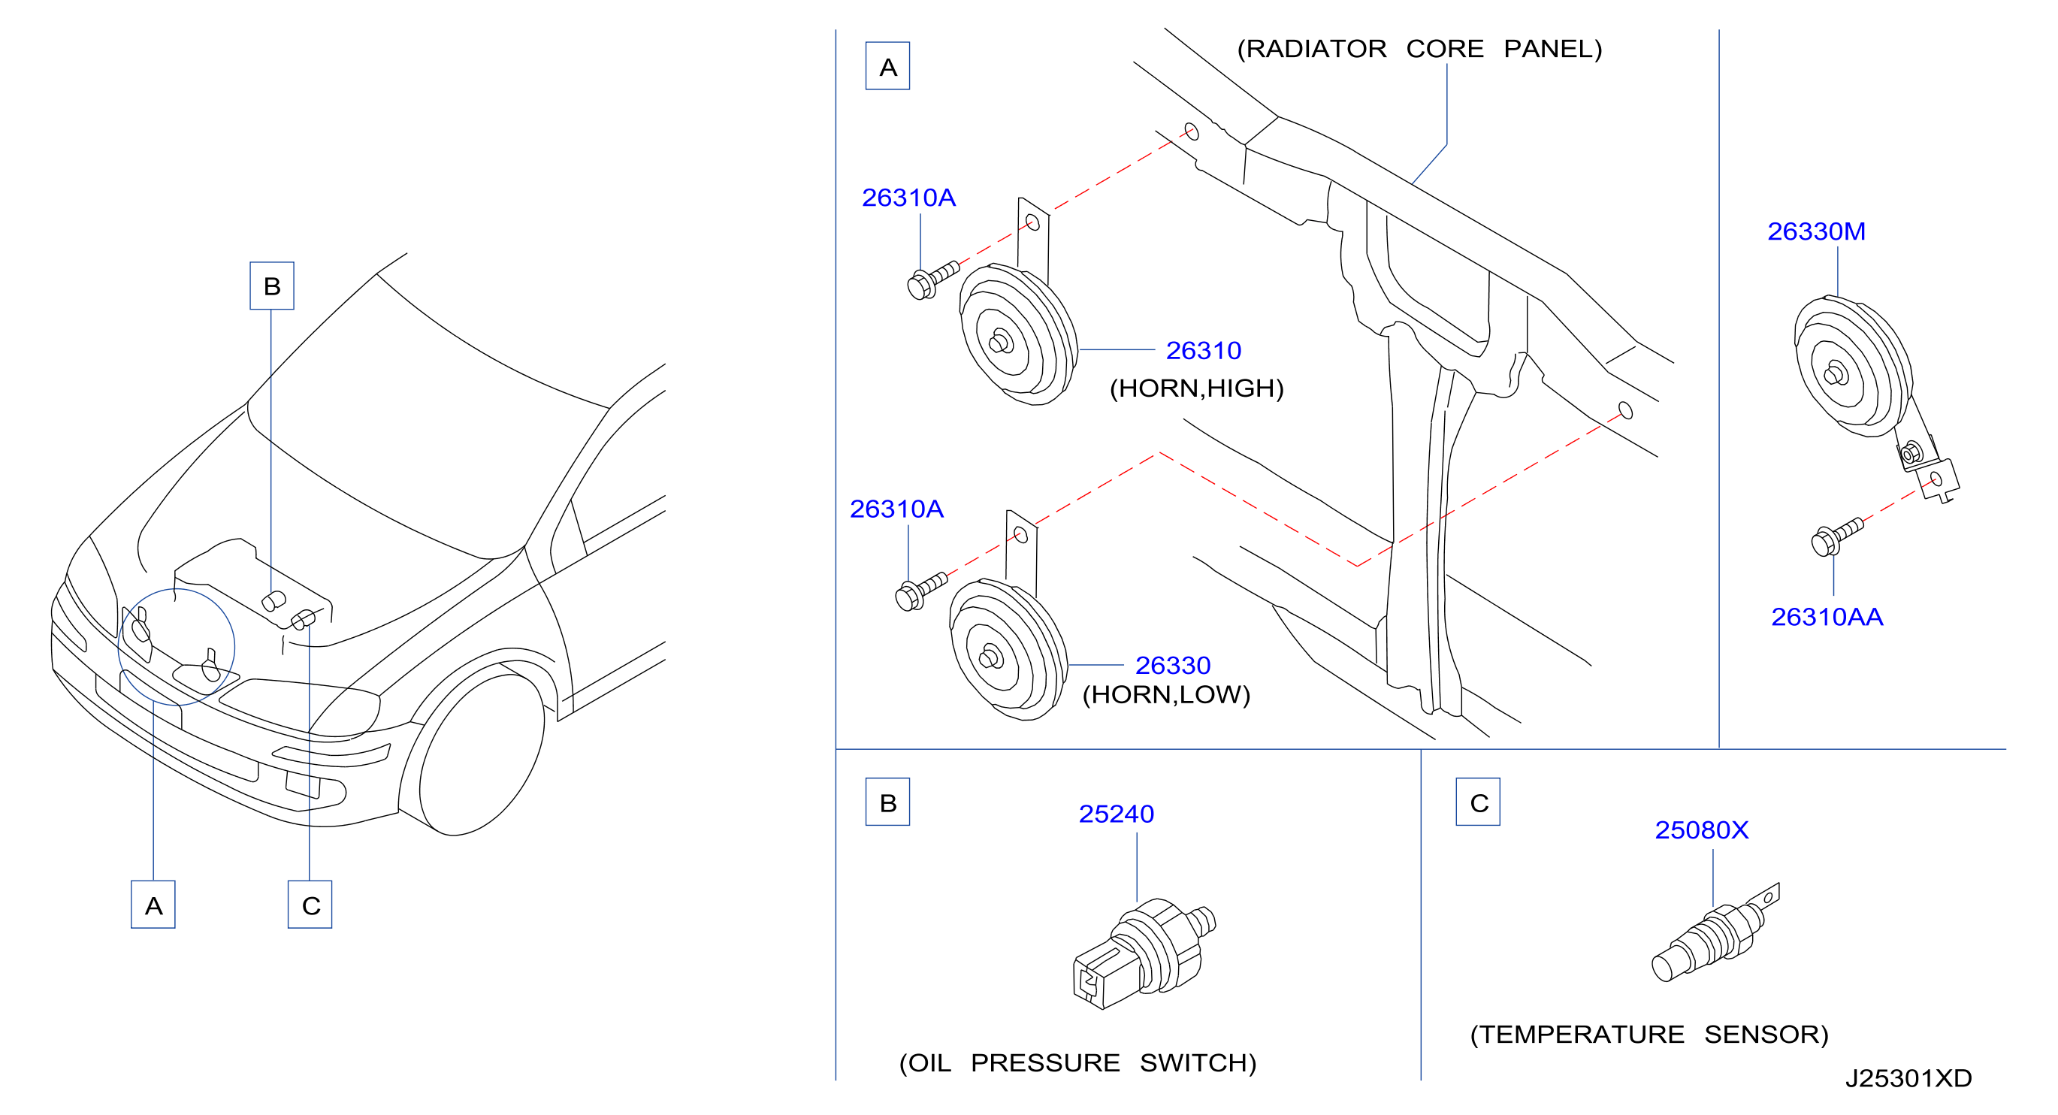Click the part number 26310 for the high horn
[1203, 350]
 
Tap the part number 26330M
[1816, 231]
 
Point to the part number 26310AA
[1827, 617]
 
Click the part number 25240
[1116, 813]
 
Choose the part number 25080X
[1702, 829]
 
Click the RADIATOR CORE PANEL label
[1419, 49]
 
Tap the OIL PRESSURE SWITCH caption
[1077, 1062]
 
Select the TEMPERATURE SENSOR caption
[1649, 1035]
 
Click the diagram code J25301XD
[1908, 1078]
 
